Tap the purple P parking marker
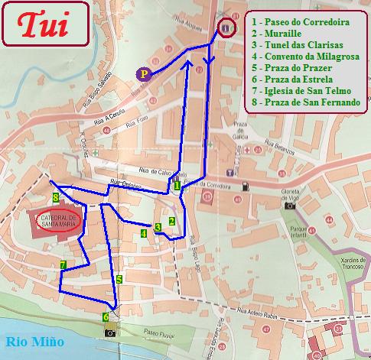142,74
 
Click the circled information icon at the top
226,29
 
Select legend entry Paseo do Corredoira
304,23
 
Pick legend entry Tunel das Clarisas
298,45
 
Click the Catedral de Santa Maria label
57,222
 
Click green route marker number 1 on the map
177,185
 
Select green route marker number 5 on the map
119,280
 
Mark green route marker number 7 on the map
63,264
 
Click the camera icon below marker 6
110,332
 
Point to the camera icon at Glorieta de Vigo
289,205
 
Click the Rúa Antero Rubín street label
255,313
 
